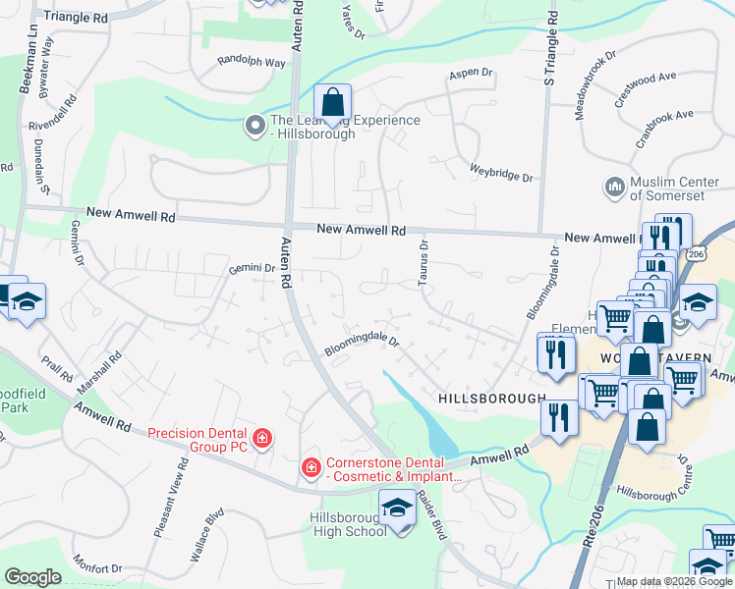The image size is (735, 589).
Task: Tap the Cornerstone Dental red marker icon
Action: pos(311,467)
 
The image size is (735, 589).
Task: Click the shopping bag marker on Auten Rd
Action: pos(333,102)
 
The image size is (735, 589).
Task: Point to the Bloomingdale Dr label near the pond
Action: pos(363,343)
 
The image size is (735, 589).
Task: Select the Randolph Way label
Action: pos(251,62)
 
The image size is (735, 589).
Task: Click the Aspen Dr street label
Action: pos(470,74)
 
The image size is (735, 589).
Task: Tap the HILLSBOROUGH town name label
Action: pos(491,400)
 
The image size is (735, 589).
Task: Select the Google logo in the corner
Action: pos(32,577)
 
